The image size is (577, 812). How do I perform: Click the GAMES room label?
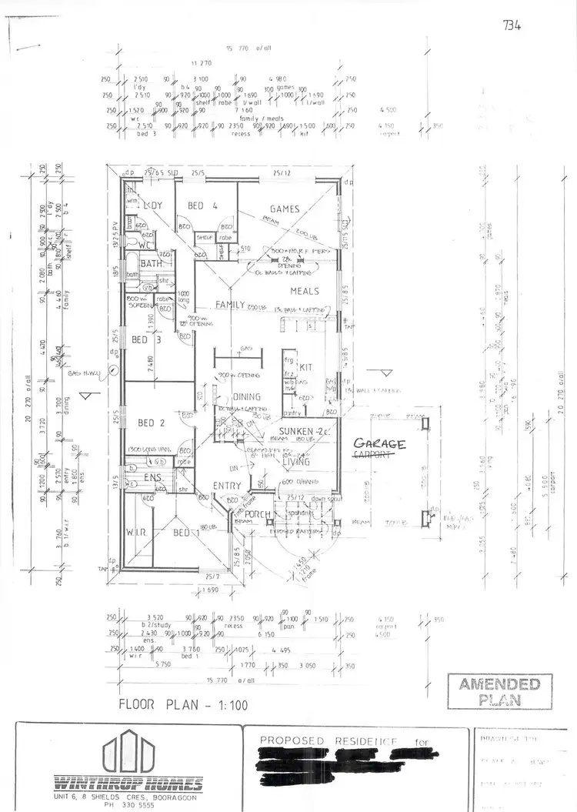284,209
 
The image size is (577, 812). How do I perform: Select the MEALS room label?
305,291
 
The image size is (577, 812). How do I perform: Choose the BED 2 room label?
152,423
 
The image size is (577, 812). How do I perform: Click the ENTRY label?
227,486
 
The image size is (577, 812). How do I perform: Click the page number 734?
512,25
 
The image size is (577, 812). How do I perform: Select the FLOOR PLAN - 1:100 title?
183,704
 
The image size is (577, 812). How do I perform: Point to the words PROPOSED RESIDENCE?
329,741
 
